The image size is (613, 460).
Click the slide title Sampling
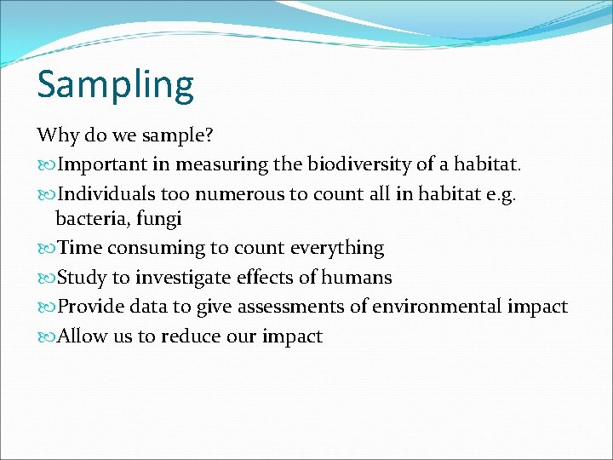pos(115,85)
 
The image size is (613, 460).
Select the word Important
pos(99,164)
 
